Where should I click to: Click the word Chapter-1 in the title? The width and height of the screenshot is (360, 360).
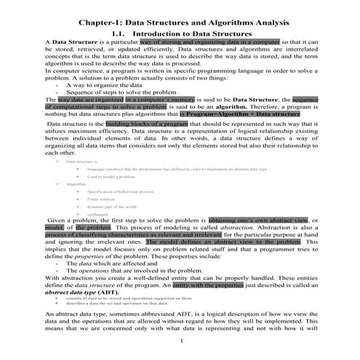(101, 23)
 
